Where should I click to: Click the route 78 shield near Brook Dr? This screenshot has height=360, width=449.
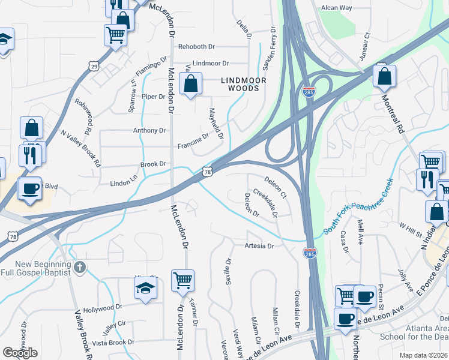pos(207,172)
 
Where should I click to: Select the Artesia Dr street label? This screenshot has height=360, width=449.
pos(259,246)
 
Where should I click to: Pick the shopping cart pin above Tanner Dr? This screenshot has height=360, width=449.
pos(182,280)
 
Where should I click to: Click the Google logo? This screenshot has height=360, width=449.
pos(19,352)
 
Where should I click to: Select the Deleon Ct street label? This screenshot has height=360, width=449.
pos(276,187)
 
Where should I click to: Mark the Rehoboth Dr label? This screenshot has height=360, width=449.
pos(196,47)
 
